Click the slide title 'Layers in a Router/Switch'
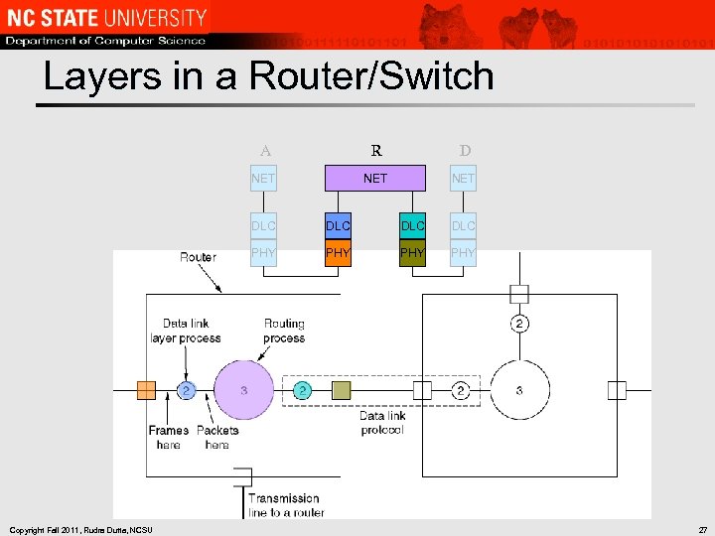pyautogui.click(x=268, y=75)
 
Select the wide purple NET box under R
pyautogui.click(x=375, y=179)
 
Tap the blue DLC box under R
pyautogui.click(x=338, y=225)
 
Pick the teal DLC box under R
pyautogui.click(x=412, y=225)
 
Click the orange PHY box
pyautogui.click(x=338, y=253)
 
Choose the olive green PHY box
pyautogui.click(x=412, y=253)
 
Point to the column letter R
pyautogui.click(x=376, y=152)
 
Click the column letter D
pyautogui.click(x=465, y=152)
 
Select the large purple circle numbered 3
pyautogui.click(x=243, y=390)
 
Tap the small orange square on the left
pyautogui.click(x=146, y=390)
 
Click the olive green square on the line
pyautogui.click(x=341, y=390)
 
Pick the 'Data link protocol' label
pyautogui.click(x=382, y=423)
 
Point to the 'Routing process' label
pyautogui.click(x=284, y=331)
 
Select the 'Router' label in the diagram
pyautogui.click(x=198, y=257)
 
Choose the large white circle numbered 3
pyautogui.click(x=519, y=390)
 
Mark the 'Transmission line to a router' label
pyautogui.click(x=285, y=505)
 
